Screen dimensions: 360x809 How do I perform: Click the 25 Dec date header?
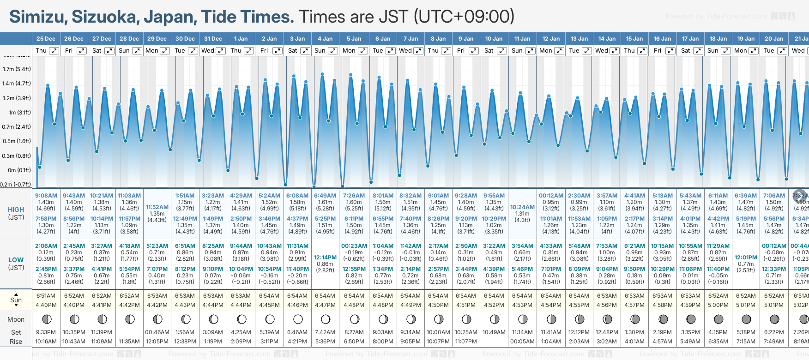click(x=46, y=39)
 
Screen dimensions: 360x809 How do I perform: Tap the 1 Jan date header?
click(x=241, y=39)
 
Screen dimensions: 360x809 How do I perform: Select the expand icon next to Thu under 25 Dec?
click(x=54, y=51)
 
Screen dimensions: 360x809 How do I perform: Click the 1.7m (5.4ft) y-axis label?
click(x=17, y=69)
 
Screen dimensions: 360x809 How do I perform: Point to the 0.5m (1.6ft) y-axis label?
click(x=17, y=141)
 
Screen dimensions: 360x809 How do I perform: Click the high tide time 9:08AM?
click(x=46, y=196)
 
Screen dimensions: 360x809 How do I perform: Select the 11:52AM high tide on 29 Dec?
click(x=157, y=207)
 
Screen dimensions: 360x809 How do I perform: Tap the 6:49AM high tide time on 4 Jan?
click(x=325, y=196)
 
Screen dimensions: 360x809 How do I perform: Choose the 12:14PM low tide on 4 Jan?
click(x=325, y=258)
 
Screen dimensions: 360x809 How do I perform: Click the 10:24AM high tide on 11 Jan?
click(x=522, y=207)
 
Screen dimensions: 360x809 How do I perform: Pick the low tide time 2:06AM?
click(x=46, y=246)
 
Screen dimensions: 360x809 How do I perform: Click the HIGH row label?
click(x=16, y=210)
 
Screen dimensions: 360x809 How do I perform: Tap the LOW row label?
click(x=16, y=260)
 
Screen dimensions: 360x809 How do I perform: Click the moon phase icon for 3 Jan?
click(x=298, y=319)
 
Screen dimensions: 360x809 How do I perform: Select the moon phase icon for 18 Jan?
click(x=718, y=319)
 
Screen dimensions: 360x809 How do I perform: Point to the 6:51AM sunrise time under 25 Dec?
click(x=46, y=296)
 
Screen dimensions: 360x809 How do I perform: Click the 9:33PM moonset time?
click(x=46, y=332)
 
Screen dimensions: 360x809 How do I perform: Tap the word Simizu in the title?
click(x=38, y=17)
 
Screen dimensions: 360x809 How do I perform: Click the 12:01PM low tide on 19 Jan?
click(x=746, y=258)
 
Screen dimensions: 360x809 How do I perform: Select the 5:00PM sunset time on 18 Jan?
click(x=718, y=305)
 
